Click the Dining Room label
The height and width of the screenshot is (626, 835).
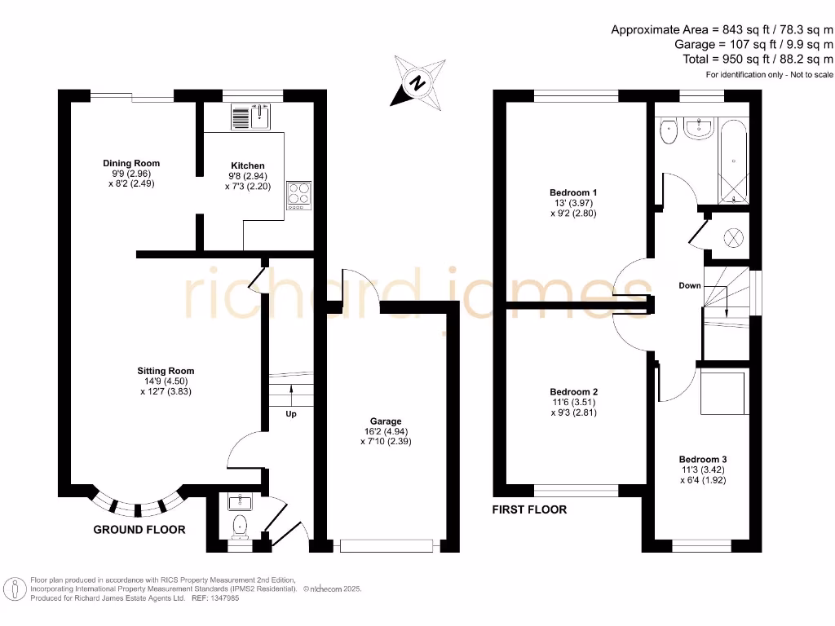131,164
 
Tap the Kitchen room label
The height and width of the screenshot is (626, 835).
246,166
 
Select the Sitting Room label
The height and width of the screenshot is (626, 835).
166,372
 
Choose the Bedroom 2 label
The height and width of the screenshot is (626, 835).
573,392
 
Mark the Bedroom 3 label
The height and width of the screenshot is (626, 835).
703,459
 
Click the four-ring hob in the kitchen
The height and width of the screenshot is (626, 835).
298,196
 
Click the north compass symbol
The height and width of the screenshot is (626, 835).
418,82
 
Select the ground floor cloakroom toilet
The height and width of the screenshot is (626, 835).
240,527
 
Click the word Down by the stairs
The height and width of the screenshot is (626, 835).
690,286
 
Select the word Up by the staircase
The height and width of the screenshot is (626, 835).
290,414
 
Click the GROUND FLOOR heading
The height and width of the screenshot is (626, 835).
139,530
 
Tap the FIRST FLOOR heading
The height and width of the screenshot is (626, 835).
529,509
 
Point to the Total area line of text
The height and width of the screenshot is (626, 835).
758,60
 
